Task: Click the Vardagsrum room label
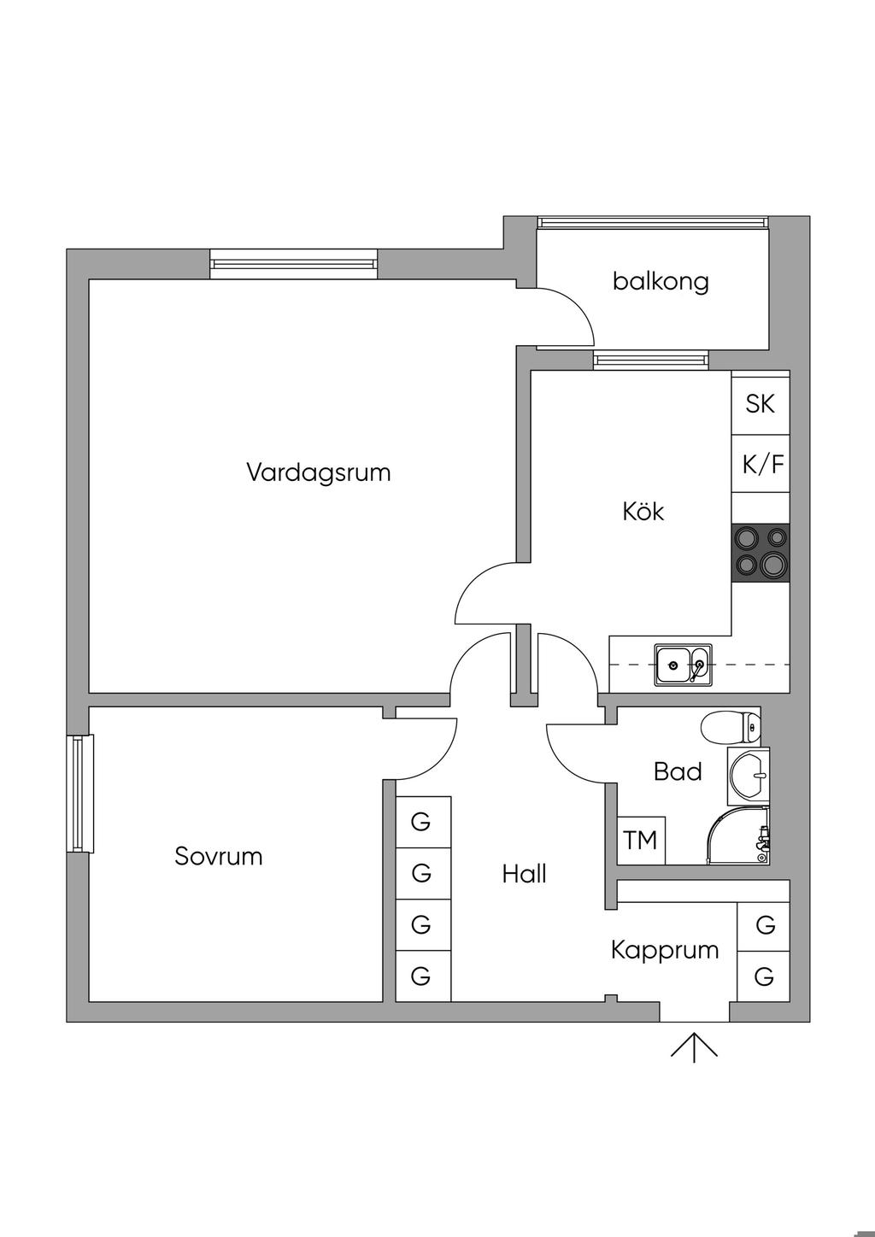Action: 319,473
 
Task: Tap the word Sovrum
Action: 218,857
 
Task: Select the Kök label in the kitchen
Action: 643,511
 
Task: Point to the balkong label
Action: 661,282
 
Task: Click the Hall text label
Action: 524,874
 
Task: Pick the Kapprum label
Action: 665,951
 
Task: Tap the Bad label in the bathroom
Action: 678,771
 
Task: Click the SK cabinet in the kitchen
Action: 760,404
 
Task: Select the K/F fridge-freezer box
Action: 760,464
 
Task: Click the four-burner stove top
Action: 760,553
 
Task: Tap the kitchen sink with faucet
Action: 683,665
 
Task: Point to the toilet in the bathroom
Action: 731,727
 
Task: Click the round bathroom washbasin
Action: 749,776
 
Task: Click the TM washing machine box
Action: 641,841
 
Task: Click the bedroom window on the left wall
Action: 80,794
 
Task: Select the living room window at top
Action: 293,264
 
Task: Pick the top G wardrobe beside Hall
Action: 423,823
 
